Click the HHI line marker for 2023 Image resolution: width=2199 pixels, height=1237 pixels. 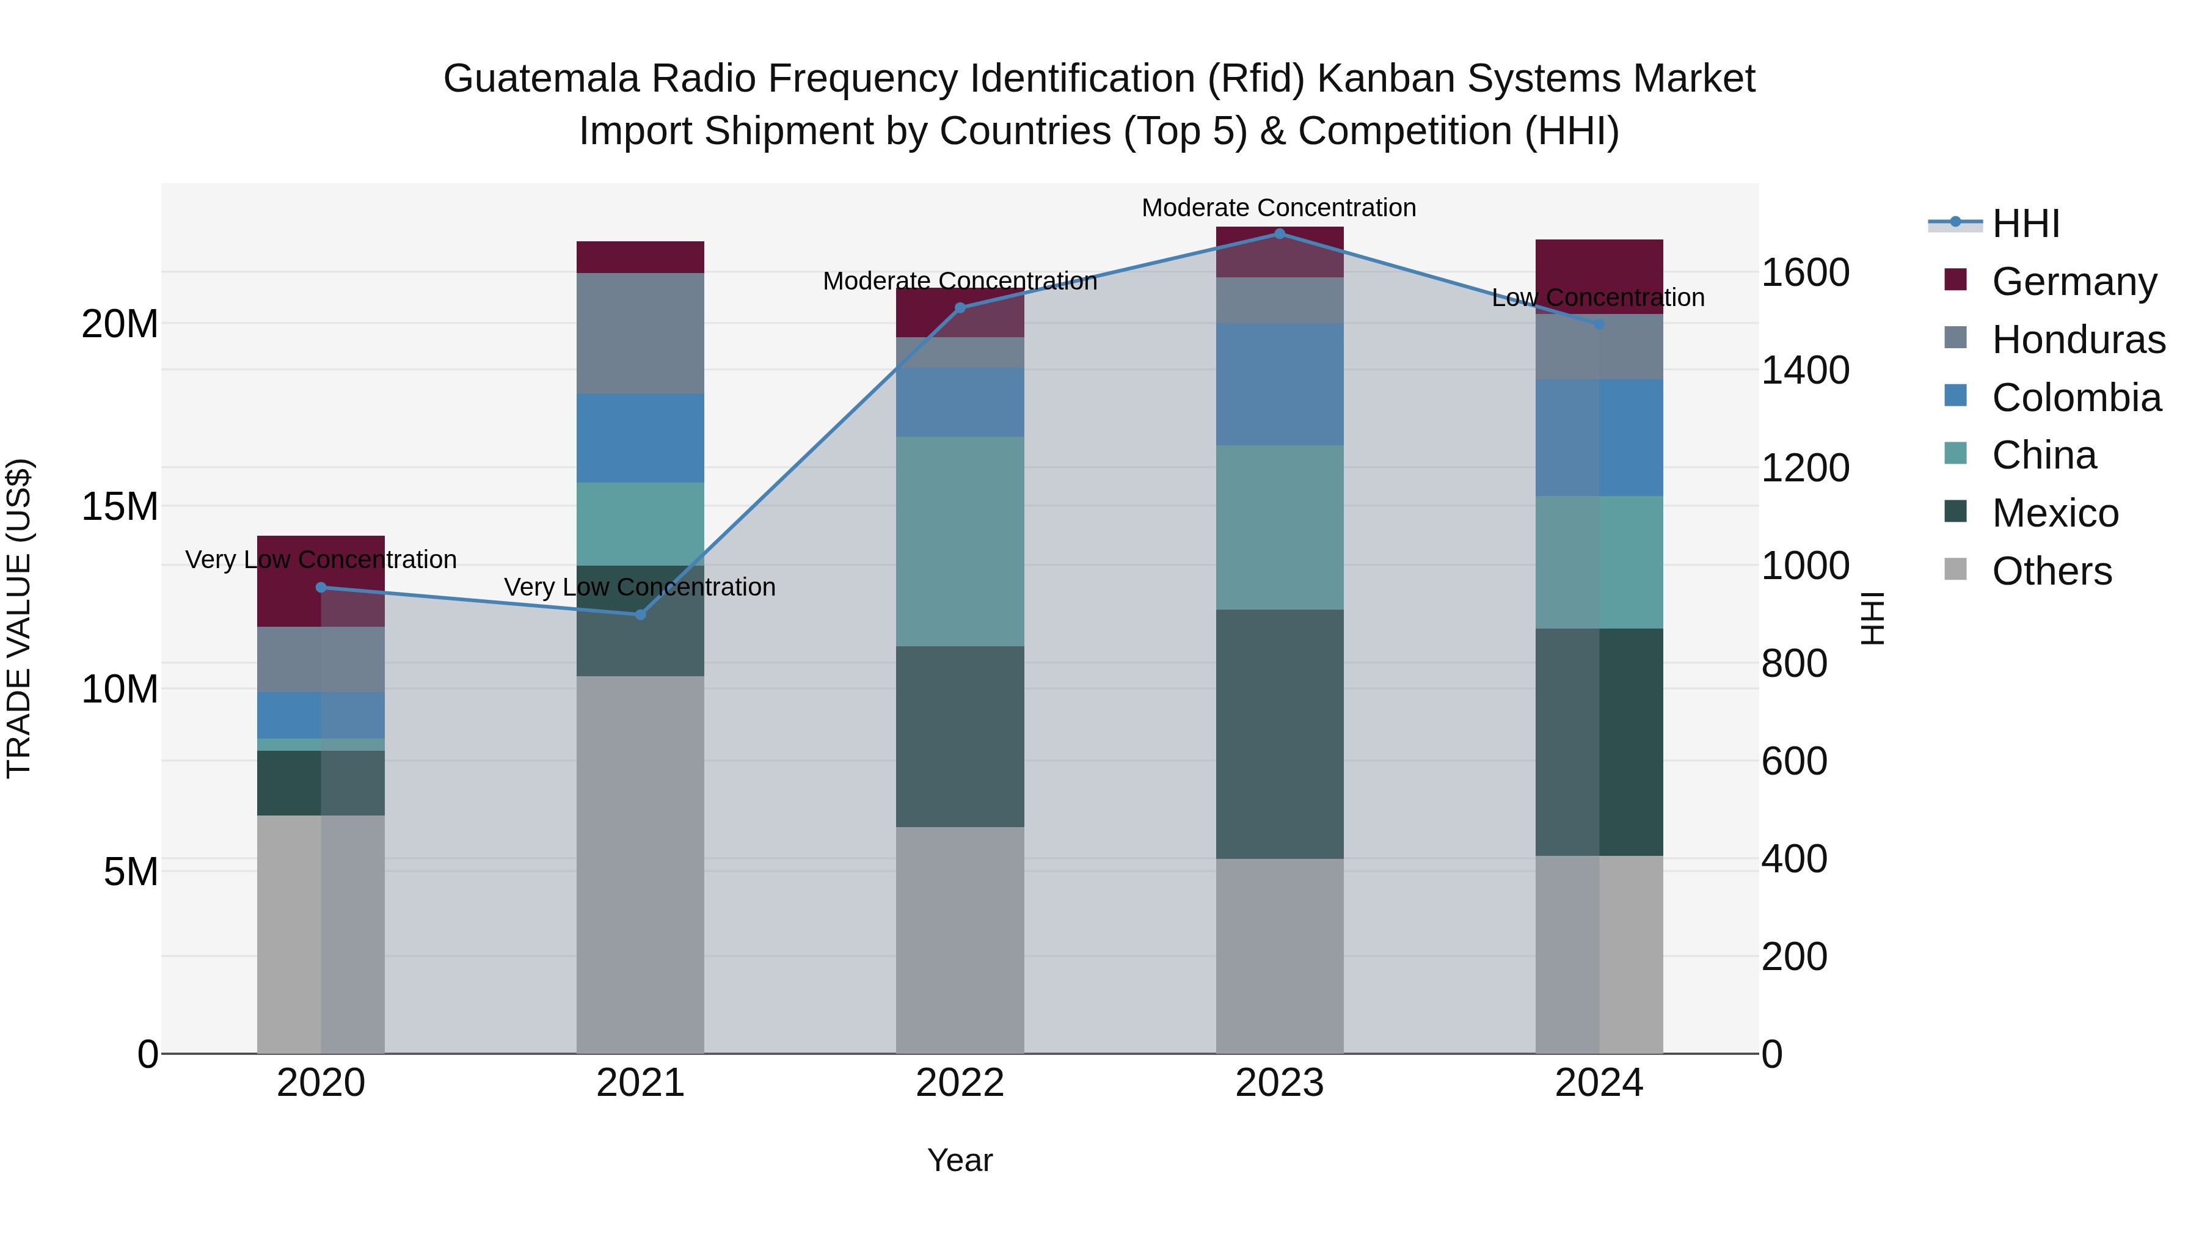[1278, 233]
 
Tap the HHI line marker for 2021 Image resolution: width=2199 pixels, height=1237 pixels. [640, 615]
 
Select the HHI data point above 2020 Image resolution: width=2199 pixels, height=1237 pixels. [321, 587]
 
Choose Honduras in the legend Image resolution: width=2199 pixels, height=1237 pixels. [2078, 339]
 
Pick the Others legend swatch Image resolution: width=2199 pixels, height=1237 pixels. [1955, 569]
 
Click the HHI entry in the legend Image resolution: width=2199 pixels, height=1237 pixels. [2025, 224]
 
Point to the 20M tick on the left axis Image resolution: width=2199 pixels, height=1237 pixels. [120, 324]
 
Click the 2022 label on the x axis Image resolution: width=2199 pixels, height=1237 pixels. [960, 1083]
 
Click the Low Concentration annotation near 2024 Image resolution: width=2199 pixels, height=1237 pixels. [1598, 298]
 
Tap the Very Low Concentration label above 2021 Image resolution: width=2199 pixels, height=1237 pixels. [640, 587]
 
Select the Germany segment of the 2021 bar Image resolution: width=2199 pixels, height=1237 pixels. [640, 257]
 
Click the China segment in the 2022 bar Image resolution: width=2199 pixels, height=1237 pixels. [960, 541]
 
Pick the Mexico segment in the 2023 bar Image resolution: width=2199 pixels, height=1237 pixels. [1278, 734]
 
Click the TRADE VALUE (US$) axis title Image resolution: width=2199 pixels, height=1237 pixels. [19, 618]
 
